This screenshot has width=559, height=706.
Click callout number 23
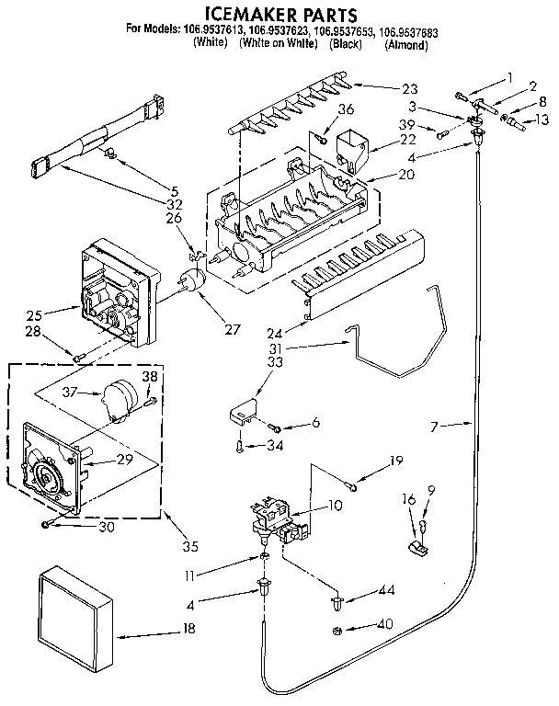pyautogui.click(x=409, y=89)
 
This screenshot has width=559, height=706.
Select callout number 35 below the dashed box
pyautogui.click(x=189, y=548)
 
